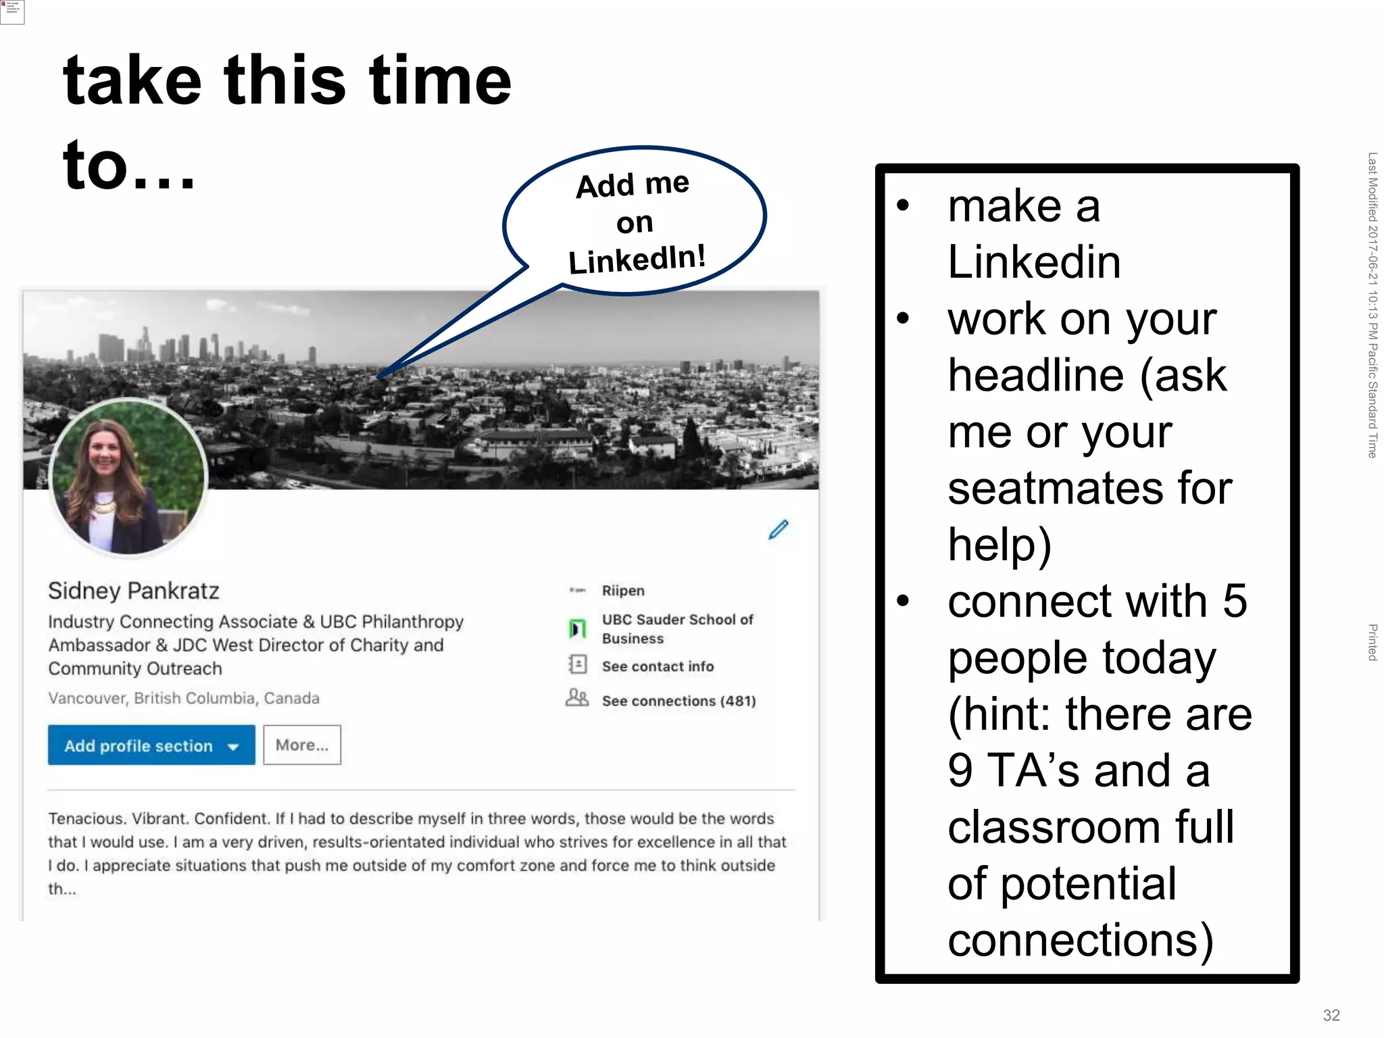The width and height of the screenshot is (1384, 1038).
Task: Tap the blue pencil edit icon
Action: tap(778, 530)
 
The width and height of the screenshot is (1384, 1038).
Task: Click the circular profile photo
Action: tap(128, 477)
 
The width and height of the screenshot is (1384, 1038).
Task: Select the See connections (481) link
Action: tap(678, 701)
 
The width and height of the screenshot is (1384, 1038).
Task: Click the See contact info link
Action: tap(658, 666)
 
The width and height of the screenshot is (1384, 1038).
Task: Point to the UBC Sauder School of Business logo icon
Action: tap(577, 629)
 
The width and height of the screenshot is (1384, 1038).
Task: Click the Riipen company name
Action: tap(623, 591)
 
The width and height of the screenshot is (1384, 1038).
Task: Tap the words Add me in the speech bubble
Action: tap(633, 184)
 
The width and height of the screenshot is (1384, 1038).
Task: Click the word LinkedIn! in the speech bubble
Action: tap(637, 259)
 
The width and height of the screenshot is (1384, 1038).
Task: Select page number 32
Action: tap(1331, 1015)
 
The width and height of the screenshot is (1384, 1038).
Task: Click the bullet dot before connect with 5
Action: tap(904, 601)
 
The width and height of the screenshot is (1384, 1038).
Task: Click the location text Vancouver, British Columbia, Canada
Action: tap(184, 698)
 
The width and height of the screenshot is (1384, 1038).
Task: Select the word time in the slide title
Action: tap(440, 81)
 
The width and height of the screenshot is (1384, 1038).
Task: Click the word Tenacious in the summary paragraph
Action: tap(87, 818)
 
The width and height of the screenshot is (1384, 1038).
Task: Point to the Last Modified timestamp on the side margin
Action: tap(1372, 304)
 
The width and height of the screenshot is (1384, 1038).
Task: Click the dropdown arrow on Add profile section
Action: tap(234, 747)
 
